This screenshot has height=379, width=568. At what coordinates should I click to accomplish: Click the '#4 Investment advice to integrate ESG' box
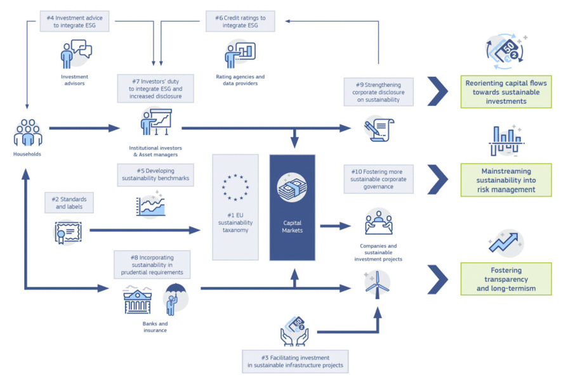[74, 22]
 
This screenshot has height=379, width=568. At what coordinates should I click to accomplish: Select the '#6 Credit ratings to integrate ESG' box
[240, 22]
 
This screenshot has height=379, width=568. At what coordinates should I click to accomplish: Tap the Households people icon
[27, 132]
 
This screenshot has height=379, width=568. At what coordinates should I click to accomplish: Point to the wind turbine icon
[377, 284]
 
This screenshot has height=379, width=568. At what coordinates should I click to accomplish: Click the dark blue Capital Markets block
[293, 208]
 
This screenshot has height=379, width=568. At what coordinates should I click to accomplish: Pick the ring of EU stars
[235, 188]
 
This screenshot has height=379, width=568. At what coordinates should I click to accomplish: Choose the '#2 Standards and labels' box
[69, 203]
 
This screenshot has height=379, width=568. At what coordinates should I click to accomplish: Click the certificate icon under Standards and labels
[68, 232]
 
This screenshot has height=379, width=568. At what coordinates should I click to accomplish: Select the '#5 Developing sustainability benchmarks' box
[155, 175]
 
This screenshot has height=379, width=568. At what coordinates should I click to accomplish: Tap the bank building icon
[137, 300]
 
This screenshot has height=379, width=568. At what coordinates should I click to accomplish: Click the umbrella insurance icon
[175, 299]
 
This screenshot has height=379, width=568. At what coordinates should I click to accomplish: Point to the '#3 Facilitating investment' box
[295, 361]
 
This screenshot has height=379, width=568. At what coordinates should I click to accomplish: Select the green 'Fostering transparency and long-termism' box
[506, 279]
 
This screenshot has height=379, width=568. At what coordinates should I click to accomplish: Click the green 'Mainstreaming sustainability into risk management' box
[506, 180]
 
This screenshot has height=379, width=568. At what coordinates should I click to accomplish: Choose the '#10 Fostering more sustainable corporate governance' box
[378, 179]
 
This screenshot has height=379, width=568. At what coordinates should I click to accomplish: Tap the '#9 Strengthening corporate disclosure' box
[378, 92]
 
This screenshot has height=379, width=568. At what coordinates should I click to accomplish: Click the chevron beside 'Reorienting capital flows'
[438, 91]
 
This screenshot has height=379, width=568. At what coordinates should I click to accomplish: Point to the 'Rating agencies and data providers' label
[240, 80]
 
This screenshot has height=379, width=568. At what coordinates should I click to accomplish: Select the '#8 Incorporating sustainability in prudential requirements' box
[152, 265]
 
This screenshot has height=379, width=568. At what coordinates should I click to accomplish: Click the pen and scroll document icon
[379, 129]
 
